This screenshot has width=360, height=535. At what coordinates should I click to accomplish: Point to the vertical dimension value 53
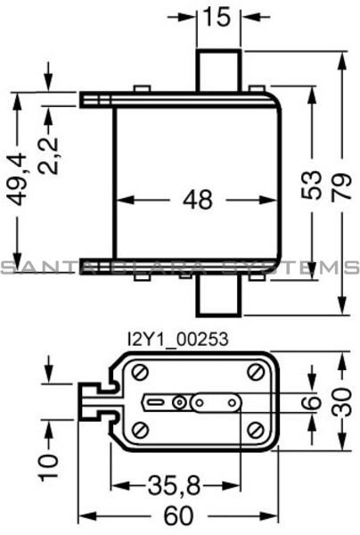click(311, 185)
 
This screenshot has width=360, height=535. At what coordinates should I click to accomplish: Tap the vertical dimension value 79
click(341, 185)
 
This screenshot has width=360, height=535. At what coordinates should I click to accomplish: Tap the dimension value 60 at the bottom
click(178, 516)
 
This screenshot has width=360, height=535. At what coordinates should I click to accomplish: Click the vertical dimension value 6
click(311, 402)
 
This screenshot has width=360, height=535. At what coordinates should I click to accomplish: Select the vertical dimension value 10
click(49, 462)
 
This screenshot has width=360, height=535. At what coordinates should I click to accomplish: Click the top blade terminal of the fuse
click(218, 69)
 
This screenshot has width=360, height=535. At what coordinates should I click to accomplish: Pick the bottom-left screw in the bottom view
click(141, 431)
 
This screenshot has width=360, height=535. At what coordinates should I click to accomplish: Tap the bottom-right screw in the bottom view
click(256, 431)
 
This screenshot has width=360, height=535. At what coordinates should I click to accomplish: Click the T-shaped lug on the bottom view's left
click(93, 402)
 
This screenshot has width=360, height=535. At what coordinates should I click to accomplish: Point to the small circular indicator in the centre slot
click(180, 402)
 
